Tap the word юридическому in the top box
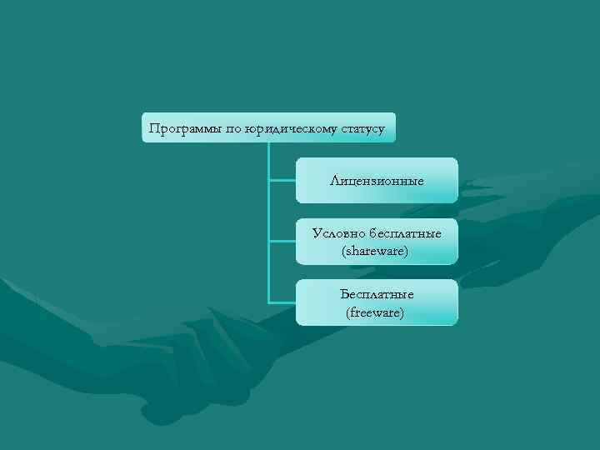point(285,128)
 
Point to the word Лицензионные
point(377,181)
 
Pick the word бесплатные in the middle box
point(407,233)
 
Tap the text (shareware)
point(376,250)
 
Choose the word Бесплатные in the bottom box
point(377,295)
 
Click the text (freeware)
point(376,312)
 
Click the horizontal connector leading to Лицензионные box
point(282,180)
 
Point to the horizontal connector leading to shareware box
point(282,242)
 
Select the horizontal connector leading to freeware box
point(282,302)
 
